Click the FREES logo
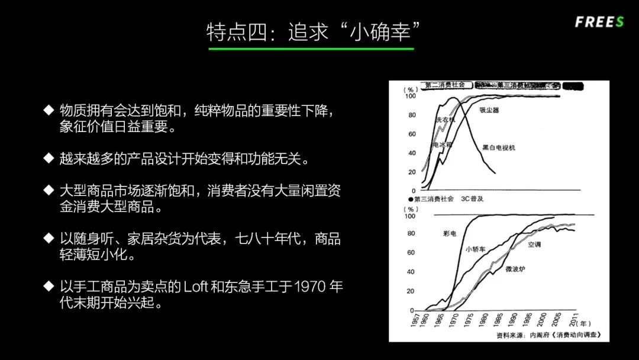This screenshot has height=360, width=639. pos(599,22)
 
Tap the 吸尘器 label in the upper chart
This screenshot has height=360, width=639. pos(489,110)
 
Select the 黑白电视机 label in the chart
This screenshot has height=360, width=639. pos(498,147)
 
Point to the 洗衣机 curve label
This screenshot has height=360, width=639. pos(446,120)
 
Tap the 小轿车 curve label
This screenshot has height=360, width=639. pos(475,249)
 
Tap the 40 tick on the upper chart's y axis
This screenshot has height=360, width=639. pos(412,153)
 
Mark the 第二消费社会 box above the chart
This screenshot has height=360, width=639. pos(445,85)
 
